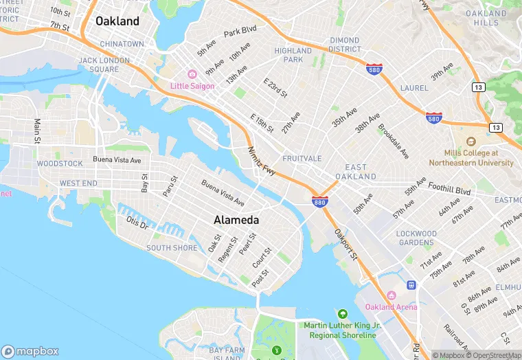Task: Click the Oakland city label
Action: pyautogui.click(x=117, y=21)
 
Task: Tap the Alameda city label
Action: pyautogui.click(x=236, y=221)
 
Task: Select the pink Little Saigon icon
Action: pyautogui.click(x=192, y=74)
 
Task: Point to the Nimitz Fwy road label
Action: pyautogui.click(x=262, y=161)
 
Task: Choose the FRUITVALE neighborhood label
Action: pyautogui.click(x=302, y=159)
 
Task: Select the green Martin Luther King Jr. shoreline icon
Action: pyautogui.click(x=342, y=314)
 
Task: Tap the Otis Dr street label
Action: pyautogui.click(x=137, y=223)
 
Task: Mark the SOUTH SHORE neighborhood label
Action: pyautogui.click(x=172, y=248)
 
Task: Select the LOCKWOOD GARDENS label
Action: pyautogui.click(x=416, y=238)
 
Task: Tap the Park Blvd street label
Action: pyautogui.click(x=240, y=32)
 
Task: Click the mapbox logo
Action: pyautogui.click(x=31, y=350)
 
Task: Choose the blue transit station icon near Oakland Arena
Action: pyautogui.click(x=411, y=284)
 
